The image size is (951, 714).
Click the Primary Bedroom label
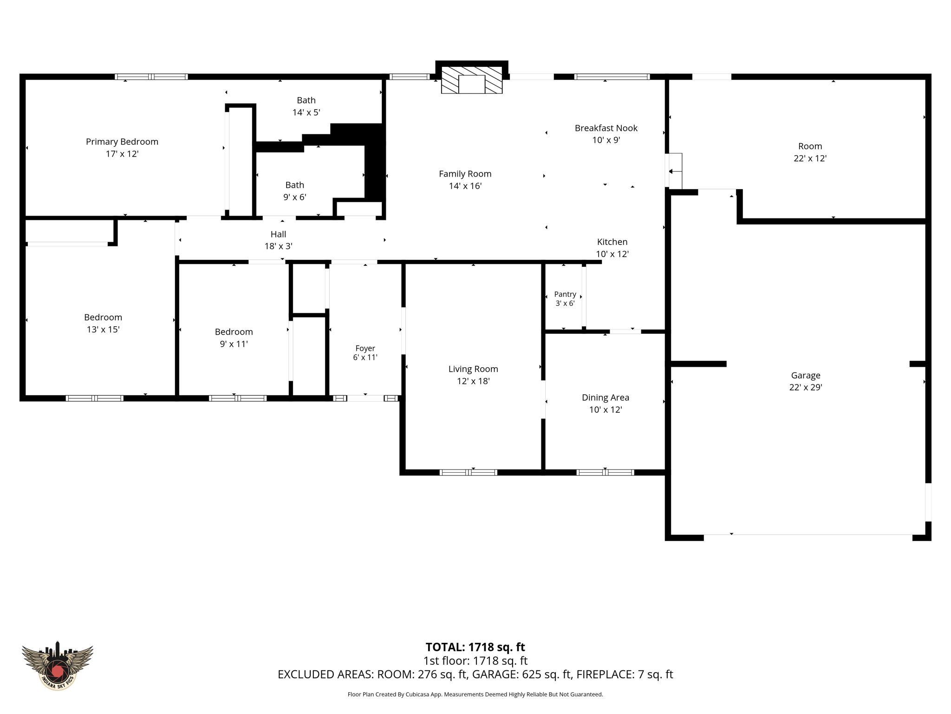(x=122, y=142)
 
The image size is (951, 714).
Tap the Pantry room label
(x=565, y=294)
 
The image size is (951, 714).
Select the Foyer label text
(x=365, y=348)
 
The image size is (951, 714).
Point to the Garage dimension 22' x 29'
(x=806, y=387)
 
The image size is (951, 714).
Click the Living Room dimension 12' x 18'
(x=473, y=381)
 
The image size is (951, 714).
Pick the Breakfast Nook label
(x=606, y=128)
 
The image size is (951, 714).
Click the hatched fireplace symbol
(x=472, y=80)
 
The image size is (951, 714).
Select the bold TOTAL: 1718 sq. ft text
(x=475, y=647)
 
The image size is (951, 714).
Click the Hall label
(x=278, y=234)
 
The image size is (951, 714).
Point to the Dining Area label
(x=606, y=397)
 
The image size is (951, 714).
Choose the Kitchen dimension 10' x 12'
(x=612, y=254)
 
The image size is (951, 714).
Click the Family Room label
(x=465, y=174)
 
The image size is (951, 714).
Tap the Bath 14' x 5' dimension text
(x=306, y=112)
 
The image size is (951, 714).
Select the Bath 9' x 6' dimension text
(x=295, y=197)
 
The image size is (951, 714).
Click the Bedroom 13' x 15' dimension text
(x=103, y=330)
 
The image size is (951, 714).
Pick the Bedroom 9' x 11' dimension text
(x=234, y=344)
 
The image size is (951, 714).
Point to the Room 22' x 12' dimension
(x=810, y=159)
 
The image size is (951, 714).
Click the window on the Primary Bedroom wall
(x=151, y=77)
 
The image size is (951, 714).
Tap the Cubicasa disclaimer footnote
(x=475, y=694)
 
